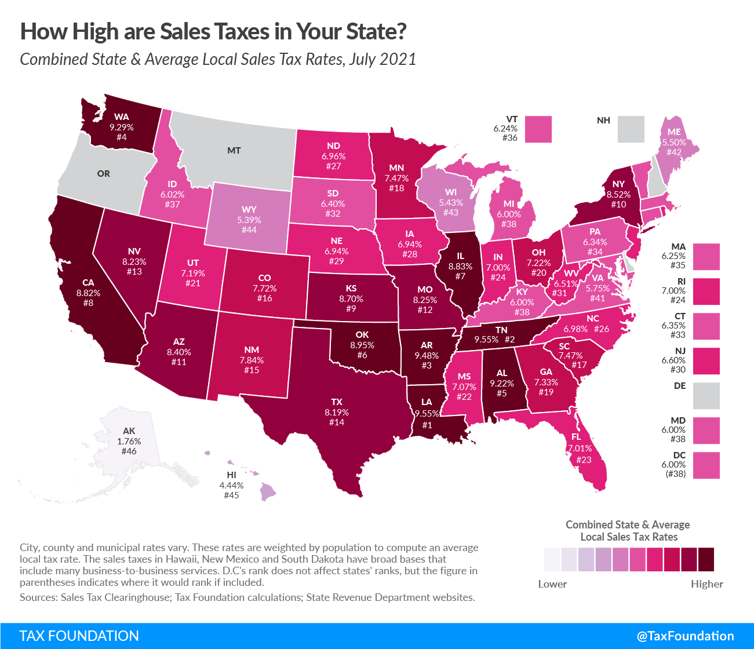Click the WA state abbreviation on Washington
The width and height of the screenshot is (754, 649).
(x=122, y=117)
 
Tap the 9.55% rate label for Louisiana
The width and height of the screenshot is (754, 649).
(x=427, y=414)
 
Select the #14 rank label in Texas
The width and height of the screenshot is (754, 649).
(x=337, y=422)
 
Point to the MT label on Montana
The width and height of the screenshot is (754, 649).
(x=234, y=151)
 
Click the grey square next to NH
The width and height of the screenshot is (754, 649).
(x=631, y=129)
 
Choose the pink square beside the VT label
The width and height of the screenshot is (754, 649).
(x=538, y=129)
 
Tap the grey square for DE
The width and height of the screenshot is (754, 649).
(x=706, y=396)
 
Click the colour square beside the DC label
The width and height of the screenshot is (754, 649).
(x=706, y=465)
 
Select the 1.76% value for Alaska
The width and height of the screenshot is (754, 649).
(x=129, y=441)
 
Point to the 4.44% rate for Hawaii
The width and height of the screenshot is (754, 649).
(x=231, y=485)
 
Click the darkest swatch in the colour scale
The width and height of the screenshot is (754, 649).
(x=706, y=560)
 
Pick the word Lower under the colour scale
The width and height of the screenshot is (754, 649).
(x=552, y=584)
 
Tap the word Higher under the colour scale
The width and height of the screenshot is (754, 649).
(x=706, y=584)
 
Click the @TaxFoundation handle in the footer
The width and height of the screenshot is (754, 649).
(x=685, y=636)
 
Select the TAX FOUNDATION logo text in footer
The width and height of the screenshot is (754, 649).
(x=79, y=636)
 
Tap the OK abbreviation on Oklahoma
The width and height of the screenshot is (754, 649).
(x=362, y=335)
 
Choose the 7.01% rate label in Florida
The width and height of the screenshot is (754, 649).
(x=580, y=449)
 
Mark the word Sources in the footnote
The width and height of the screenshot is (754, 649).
(x=38, y=597)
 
